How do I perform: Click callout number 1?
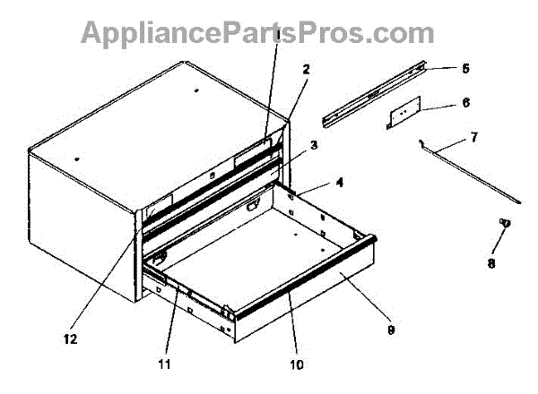pyautogui.click(x=278, y=35)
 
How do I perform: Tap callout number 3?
pyautogui.click(x=314, y=144)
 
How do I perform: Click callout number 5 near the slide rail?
pyautogui.click(x=465, y=67)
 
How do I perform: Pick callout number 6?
pyautogui.click(x=465, y=103)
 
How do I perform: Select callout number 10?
pyautogui.click(x=296, y=364)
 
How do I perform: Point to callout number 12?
pyautogui.click(x=70, y=338)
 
